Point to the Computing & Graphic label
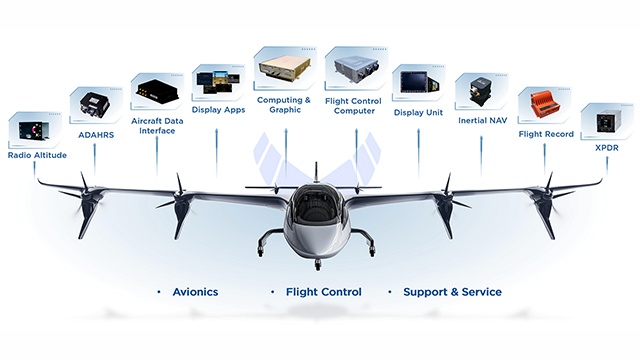coord(284,105)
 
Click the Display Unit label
coord(417,113)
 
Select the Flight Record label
coord(546,133)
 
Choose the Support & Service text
coord(452,292)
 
